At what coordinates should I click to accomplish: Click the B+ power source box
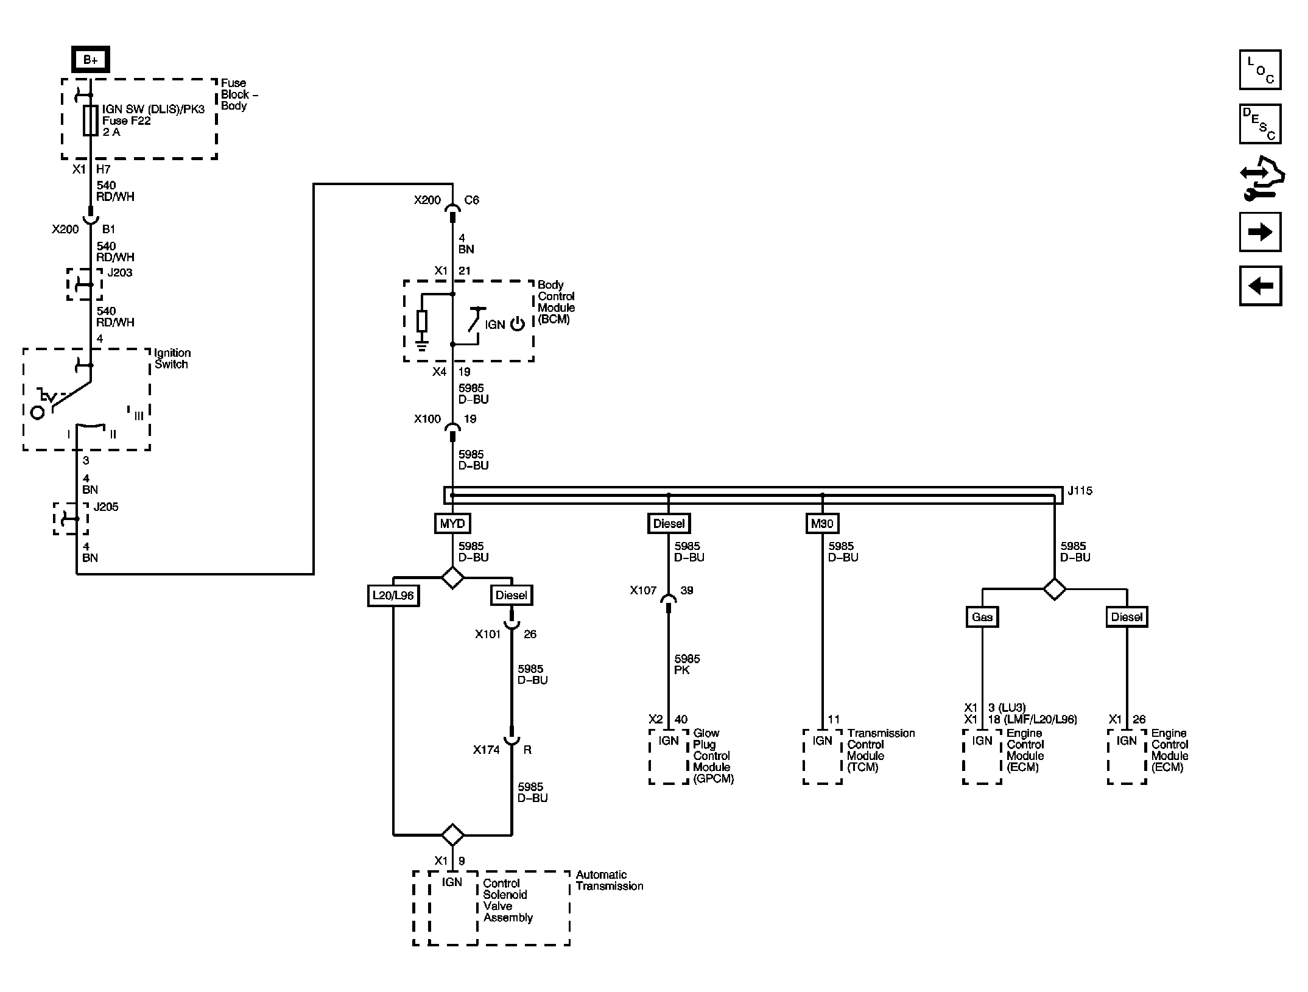(91, 60)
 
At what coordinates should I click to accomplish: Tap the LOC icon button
(1260, 69)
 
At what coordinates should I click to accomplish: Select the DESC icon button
(1260, 124)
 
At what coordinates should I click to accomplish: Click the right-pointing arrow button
(1260, 232)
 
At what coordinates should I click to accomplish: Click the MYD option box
(452, 523)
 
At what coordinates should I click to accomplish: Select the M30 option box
(822, 523)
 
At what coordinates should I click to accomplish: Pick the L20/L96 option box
(393, 595)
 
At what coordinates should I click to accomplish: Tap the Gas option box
(982, 617)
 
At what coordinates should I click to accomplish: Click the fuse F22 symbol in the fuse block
(91, 121)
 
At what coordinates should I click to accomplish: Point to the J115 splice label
(1080, 490)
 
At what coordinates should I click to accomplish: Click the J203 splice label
(120, 272)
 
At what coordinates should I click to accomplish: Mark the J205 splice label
(106, 507)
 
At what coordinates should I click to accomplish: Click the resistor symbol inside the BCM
(421, 321)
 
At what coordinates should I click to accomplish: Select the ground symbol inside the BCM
(421, 346)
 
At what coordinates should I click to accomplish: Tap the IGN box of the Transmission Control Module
(822, 756)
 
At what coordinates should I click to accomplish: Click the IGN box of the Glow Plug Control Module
(669, 756)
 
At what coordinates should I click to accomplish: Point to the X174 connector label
(487, 750)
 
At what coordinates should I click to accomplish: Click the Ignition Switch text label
(172, 359)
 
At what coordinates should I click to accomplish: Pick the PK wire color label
(682, 670)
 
